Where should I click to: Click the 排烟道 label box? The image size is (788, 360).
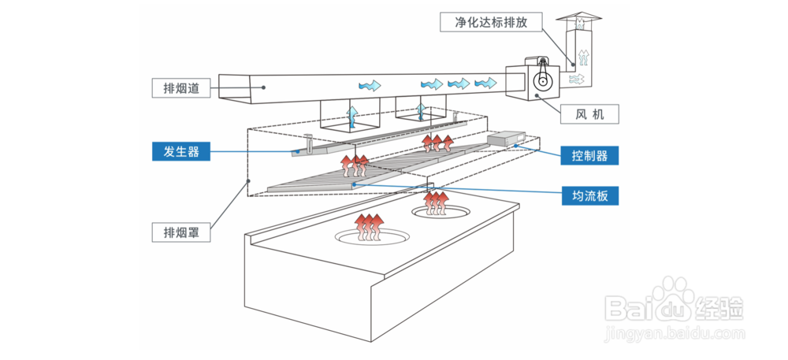click(181, 88)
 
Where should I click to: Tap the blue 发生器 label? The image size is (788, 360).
click(181, 151)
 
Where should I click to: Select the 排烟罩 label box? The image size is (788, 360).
click(181, 232)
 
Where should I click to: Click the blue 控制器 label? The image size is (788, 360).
click(589, 155)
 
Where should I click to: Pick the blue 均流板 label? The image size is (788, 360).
click(589, 196)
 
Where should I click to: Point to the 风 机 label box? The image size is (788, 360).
click(589, 114)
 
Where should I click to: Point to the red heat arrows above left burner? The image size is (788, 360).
click(368, 228)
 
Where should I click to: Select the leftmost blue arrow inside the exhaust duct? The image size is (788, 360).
click(370, 85)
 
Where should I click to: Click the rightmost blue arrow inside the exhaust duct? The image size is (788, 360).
click(485, 83)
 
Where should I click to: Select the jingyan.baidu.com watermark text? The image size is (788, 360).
click(675, 333)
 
